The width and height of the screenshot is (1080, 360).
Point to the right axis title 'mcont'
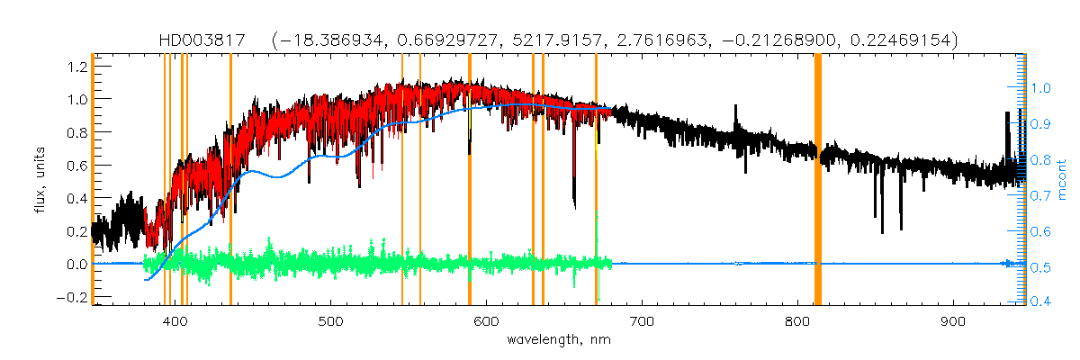(x=1062, y=179)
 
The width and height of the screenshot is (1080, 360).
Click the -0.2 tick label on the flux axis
(x=72, y=297)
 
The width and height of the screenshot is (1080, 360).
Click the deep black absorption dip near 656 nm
(x=574, y=193)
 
